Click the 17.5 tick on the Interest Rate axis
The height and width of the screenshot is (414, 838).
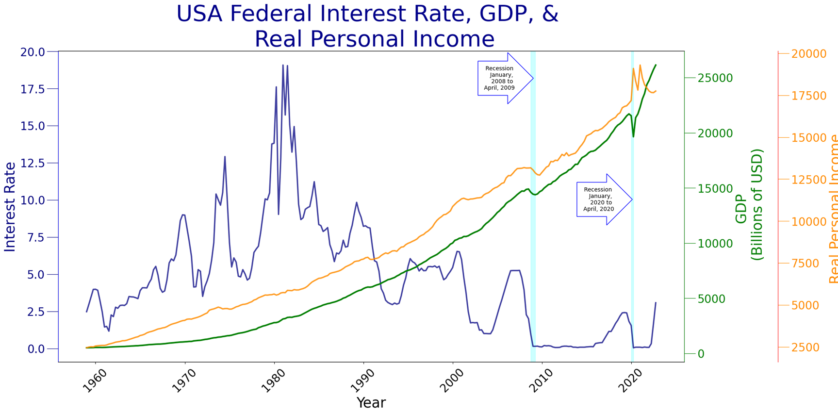click(32, 89)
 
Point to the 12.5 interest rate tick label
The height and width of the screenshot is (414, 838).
click(32, 163)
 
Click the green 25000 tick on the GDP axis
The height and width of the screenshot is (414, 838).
click(715, 79)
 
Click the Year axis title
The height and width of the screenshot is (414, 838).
click(371, 403)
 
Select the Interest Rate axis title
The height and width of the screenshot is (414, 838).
click(10, 207)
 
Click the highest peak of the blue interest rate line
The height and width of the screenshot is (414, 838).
click(283, 65)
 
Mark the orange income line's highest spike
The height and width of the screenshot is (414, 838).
click(640, 65)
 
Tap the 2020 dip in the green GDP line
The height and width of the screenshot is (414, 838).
click(633, 136)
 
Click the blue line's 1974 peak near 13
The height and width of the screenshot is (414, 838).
click(225, 157)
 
